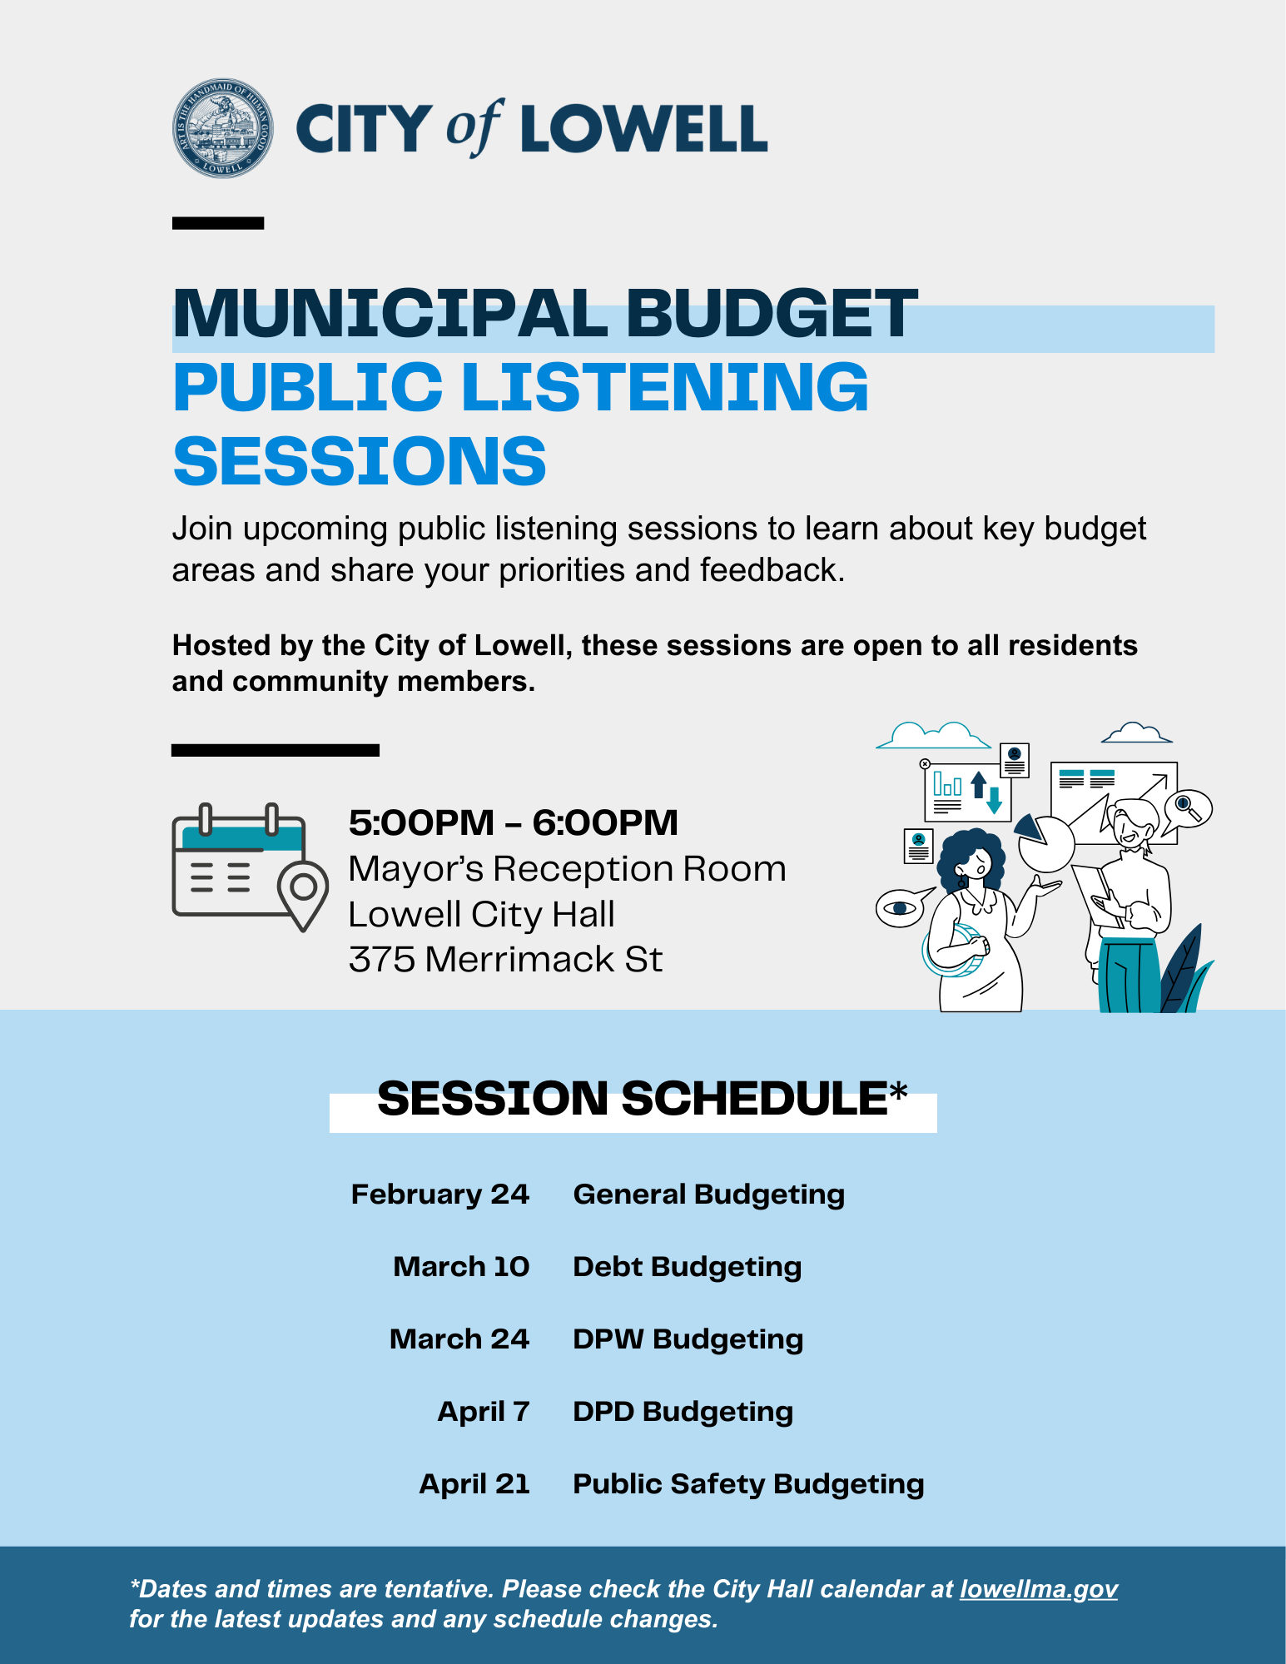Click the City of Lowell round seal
(222, 128)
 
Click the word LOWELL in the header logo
(643, 129)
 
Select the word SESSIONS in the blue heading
(360, 461)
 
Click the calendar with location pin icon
(249, 867)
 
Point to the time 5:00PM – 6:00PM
(513, 822)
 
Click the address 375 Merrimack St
(505, 959)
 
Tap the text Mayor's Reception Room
(567, 869)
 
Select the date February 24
(439, 1194)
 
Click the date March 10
(461, 1266)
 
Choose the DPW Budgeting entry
(688, 1339)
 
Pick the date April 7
(484, 1411)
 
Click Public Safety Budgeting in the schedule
(748, 1483)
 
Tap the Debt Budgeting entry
(687, 1266)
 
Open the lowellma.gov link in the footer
(1038, 1589)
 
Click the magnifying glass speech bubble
(1187, 808)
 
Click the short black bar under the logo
(218, 223)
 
